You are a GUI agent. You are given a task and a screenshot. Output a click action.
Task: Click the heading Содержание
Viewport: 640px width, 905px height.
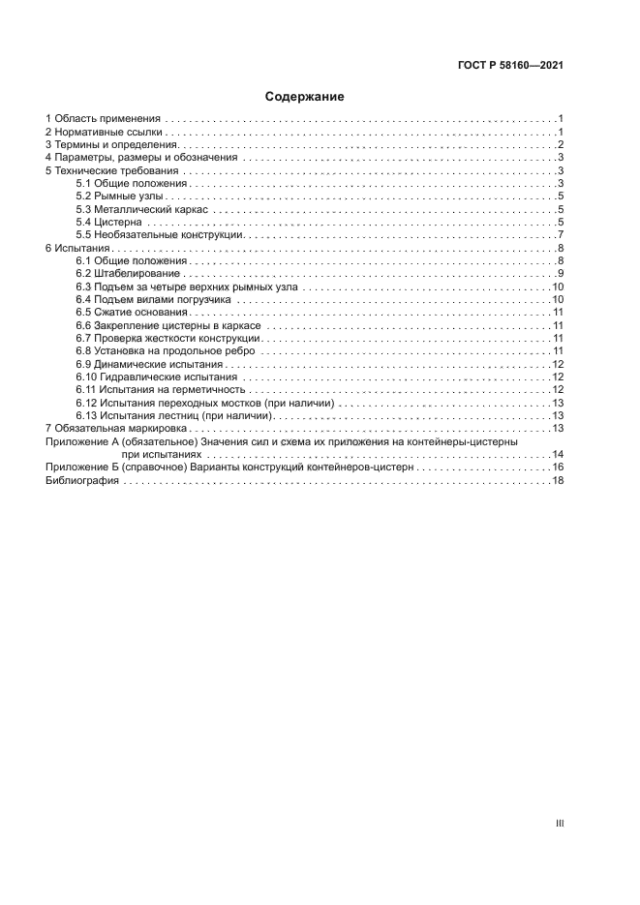305,97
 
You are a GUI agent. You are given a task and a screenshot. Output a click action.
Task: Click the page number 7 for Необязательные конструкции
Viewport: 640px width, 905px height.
561,235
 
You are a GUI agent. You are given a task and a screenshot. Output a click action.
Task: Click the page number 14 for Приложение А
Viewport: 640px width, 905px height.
558,454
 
